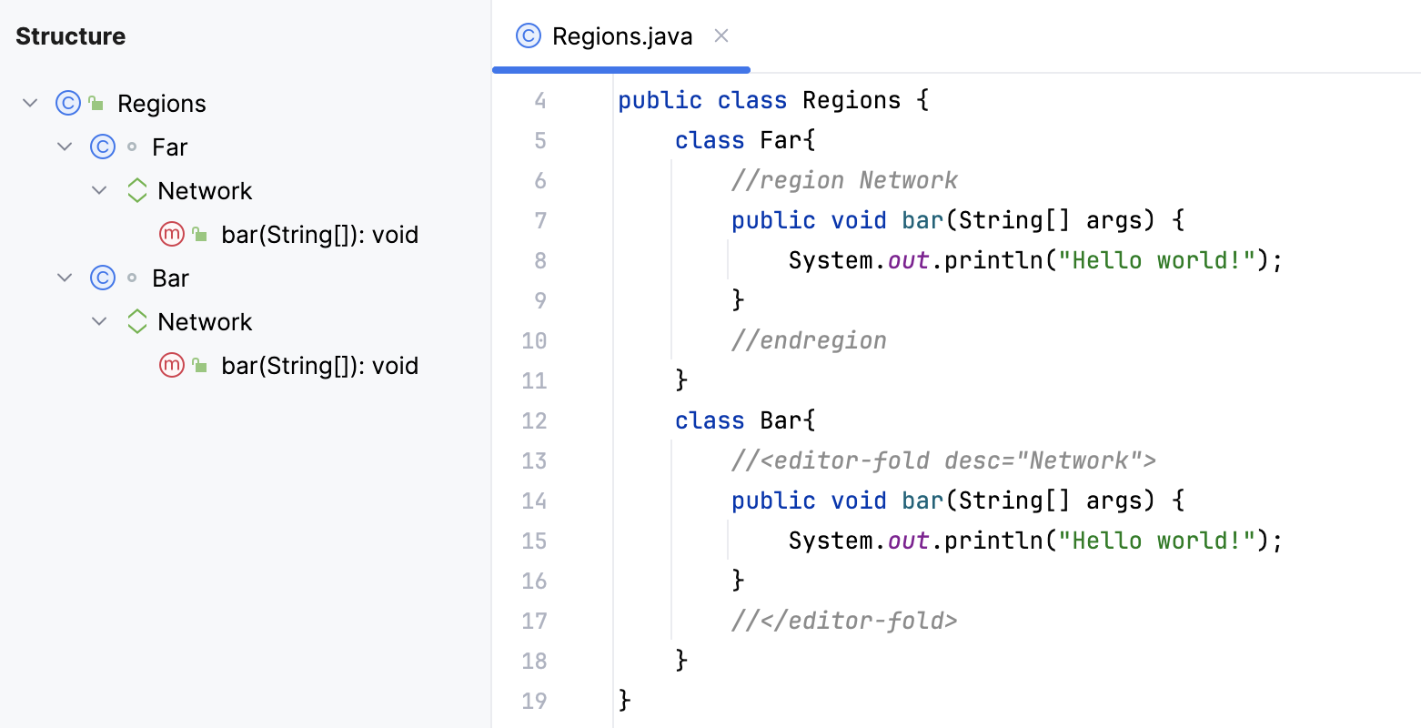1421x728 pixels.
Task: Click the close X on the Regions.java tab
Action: pos(721,35)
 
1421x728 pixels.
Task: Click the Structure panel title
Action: pos(71,36)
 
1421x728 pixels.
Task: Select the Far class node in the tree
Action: pos(169,147)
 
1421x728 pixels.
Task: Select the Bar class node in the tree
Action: pos(170,278)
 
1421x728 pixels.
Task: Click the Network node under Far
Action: pos(205,191)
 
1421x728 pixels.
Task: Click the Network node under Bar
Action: pos(205,322)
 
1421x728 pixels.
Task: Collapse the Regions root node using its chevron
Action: pos(30,103)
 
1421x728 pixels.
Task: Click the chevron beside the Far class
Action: pos(65,147)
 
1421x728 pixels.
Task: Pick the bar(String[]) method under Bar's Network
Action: pos(319,366)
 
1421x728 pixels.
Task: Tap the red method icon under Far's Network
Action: pos(172,235)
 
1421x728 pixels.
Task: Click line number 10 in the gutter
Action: pos(534,341)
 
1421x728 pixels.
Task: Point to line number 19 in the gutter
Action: pos(534,702)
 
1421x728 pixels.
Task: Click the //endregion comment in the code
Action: pos(809,341)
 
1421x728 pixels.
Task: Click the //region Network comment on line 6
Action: pos(844,181)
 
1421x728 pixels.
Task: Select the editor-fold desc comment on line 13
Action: pos(943,461)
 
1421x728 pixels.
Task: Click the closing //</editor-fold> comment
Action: pos(844,622)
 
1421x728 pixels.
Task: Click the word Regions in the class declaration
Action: pos(852,101)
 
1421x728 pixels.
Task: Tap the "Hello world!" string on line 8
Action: pos(1157,261)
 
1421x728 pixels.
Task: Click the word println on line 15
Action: pos(993,541)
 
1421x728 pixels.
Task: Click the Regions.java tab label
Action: pos(622,36)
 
